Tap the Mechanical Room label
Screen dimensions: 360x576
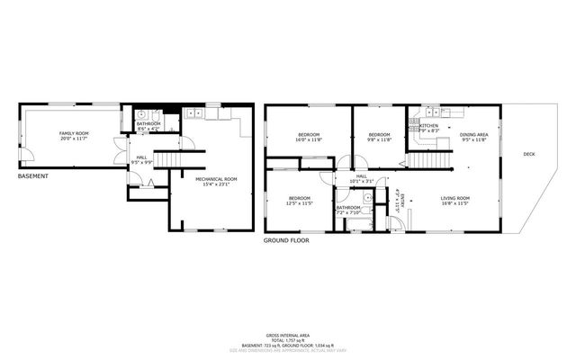217,182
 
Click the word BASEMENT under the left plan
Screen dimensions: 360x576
36,175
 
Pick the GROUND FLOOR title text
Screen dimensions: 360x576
286,240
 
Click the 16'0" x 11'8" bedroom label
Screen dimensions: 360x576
308,138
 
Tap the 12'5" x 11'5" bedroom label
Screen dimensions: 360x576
299,201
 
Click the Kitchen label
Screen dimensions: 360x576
429,127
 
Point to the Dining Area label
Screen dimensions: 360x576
473,137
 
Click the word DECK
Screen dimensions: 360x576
529,154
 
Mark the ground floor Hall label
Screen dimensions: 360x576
361,177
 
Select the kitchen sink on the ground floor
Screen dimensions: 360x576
430,112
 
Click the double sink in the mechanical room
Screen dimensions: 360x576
195,113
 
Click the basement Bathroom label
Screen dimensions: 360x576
148,125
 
